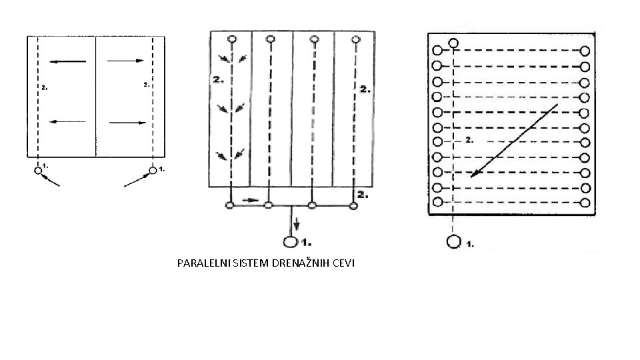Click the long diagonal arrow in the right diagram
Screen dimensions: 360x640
pyautogui.click(x=513, y=141)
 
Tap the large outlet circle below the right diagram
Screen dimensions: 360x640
pyautogui.click(x=454, y=241)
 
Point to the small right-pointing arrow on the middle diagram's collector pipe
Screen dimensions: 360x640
pyautogui.click(x=249, y=199)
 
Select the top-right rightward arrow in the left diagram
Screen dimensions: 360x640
pyautogui.click(x=126, y=61)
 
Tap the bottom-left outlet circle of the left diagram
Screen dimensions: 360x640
pyautogui.click(x=38, y=171)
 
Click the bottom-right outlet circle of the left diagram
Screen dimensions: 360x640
pyautogui.click(x=153, y=171)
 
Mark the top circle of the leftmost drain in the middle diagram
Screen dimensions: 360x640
pyautogui.click(x=231, y=39)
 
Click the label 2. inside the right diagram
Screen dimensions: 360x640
pyautogui.click(x=469, y=140)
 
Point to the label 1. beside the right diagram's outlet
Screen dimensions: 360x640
pyautogui.click(x=469, y=243)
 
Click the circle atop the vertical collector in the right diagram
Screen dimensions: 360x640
pyautogui.click(x=453, y=44)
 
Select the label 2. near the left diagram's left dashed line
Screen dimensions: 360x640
pyautogui.click(x=43, y=87)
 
